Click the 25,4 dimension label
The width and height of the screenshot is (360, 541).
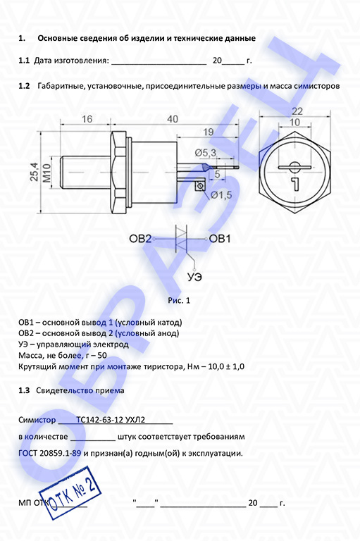click(35, 171)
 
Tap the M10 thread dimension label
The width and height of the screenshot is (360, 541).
click(46, 173)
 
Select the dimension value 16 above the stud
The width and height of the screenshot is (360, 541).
click(87, 119)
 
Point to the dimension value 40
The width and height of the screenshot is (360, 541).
click(173, 119)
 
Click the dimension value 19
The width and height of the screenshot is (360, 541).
click(208, 132)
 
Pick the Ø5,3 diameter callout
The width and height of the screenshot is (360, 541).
click(206, 152)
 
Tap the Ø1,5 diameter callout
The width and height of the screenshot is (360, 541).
click(221, 195)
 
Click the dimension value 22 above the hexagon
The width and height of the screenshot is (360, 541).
click(297, 111)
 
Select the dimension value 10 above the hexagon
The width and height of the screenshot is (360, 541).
click(294, 122)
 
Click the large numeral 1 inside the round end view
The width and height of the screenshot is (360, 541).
click(295, 185)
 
